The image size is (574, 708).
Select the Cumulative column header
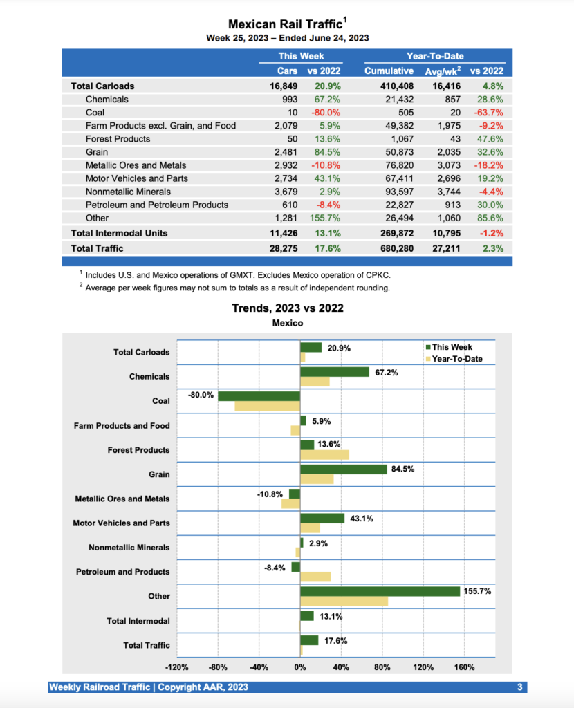[x=389, y=71]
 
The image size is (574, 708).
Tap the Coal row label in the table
[x=95, y=113]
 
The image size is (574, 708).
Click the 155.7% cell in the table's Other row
[x=325, y=218]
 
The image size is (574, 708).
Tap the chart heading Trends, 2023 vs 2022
[x=288, y=308]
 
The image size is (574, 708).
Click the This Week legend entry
[x=453, y=347]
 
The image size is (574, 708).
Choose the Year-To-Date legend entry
[x=456, y=359]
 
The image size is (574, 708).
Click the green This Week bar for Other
[x=380, y=591]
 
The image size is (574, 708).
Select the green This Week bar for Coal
[x=259, y=396]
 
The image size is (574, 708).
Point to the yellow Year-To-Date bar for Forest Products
[x=324, y=455]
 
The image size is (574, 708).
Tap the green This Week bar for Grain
[x=343, y=469]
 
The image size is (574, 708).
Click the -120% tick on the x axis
[x=177, y=667]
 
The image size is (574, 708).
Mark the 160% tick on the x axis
[x=465, y=667]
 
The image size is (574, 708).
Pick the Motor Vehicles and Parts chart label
[x=121, y=523]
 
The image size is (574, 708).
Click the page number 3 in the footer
[x=519, y=687]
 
